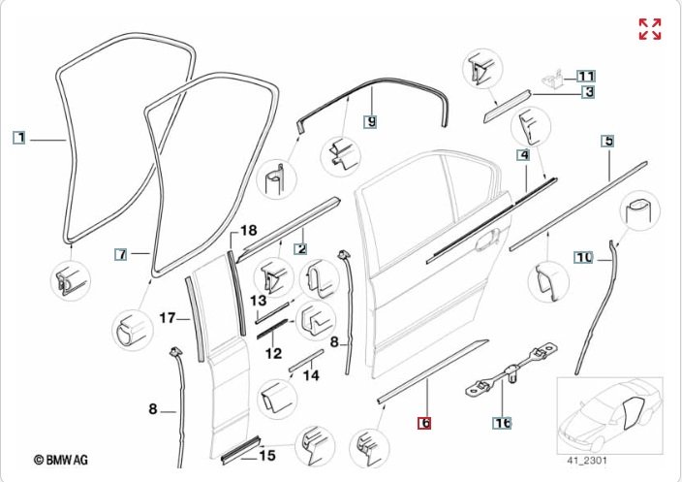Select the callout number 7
[121, 254]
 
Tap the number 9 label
[369, 121]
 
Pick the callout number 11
[586, 75]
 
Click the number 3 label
[587, 93]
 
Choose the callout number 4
[523, 155]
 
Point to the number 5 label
[608, 143]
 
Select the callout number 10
[583, 257]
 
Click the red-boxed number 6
[423, 423]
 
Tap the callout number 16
[502, 423]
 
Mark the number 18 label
[248, 231]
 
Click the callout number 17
[167, 317]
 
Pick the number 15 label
[267, 454]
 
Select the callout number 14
[310, 374]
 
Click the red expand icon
[649, 28]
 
